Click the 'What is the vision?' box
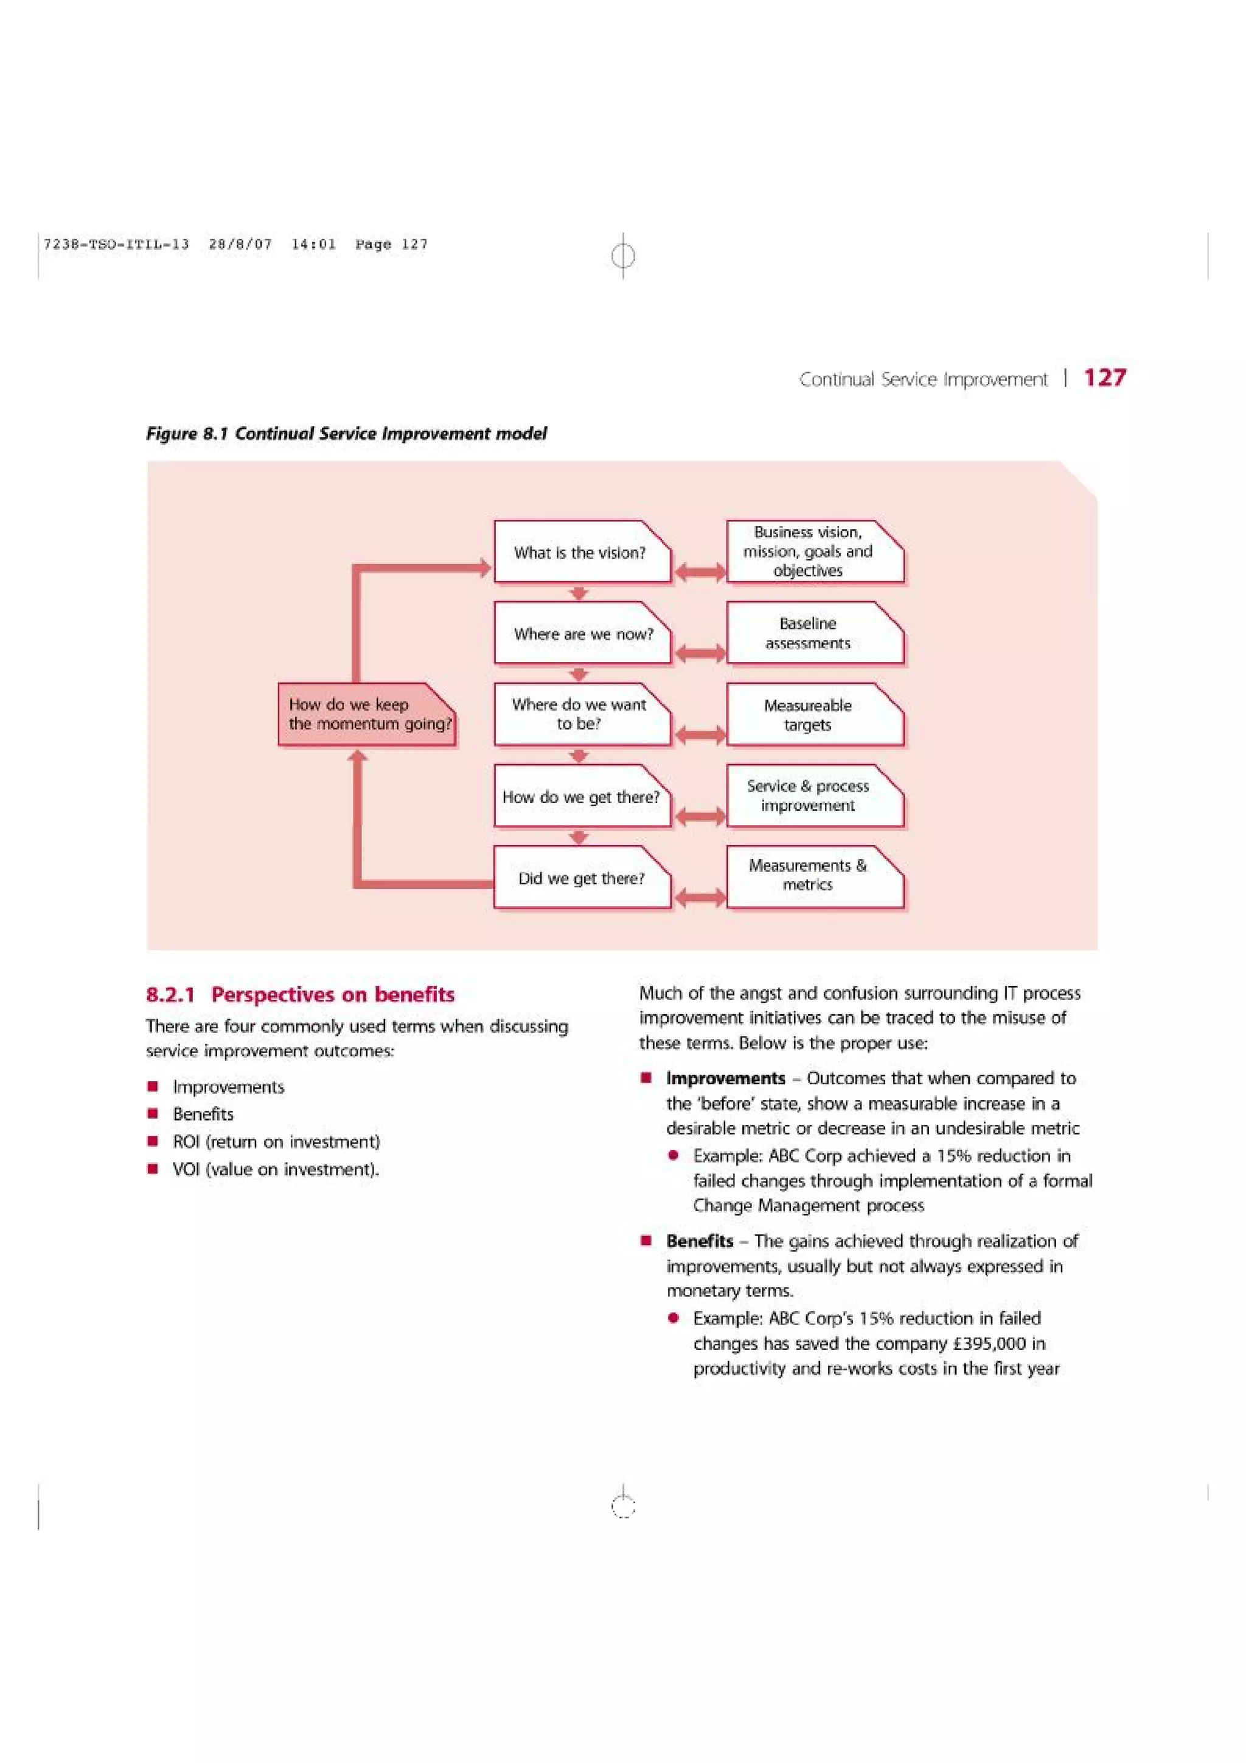click(581, 552)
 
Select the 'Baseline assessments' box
click(814, 633)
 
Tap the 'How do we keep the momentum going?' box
click(366, 714)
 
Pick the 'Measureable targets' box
click(814, 714)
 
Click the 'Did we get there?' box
click(581, 878)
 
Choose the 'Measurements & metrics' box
click(814, 875)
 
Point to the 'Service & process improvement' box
click(814, 796)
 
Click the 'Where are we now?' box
click(581, 633)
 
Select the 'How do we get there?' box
click(581, 796)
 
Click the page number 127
click(1104, 378)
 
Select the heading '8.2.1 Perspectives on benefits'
click(300, 995)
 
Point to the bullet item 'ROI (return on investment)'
click(276, 1142)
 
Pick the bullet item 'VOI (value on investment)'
click(276, 1169)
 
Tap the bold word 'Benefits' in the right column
click(700, 1241)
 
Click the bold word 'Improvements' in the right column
click(725, 1078)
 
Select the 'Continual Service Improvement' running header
click(923, 380)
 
